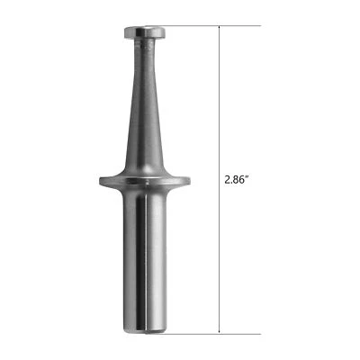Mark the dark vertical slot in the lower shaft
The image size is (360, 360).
coord(137,261)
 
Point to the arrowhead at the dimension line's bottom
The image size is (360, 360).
coord(220,328)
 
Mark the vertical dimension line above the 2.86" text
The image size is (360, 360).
coord(220,99)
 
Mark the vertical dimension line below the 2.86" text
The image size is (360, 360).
coord(220,261)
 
